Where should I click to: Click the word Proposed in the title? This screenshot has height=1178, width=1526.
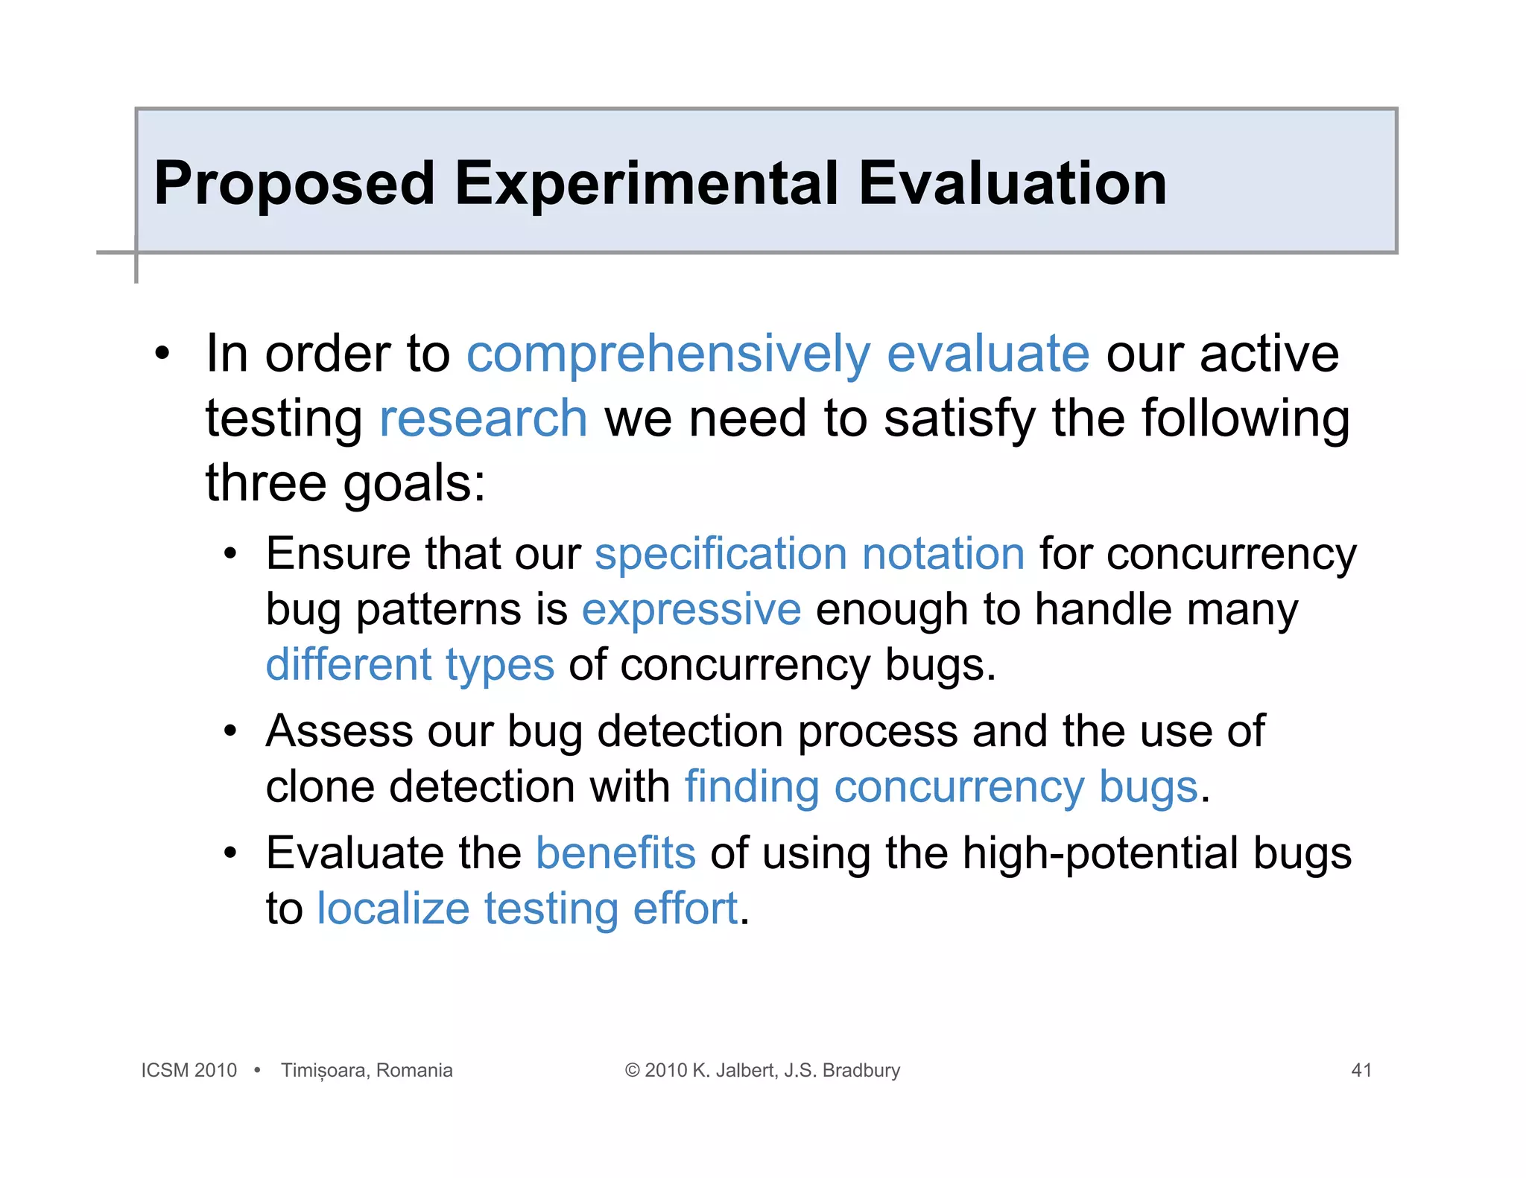294,184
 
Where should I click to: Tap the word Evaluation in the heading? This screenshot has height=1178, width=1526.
1012,184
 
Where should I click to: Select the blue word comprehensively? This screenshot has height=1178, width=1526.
668,355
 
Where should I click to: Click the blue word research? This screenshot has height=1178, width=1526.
484,418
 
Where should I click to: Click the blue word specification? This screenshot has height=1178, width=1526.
721,555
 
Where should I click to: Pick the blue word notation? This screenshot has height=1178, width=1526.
943,555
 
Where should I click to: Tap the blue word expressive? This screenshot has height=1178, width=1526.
691,610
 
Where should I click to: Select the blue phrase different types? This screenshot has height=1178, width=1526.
410,665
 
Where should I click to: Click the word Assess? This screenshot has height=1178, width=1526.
339,731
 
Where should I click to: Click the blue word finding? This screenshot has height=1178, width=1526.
752,787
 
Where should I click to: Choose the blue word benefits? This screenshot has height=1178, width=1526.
615,853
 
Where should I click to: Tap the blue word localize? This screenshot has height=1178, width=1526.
393,909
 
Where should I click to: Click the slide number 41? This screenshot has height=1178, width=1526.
1361,1070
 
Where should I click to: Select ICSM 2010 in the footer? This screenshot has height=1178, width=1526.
189,1070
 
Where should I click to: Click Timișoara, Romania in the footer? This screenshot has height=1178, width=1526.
367,1070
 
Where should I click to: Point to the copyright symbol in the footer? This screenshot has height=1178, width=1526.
632,1070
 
